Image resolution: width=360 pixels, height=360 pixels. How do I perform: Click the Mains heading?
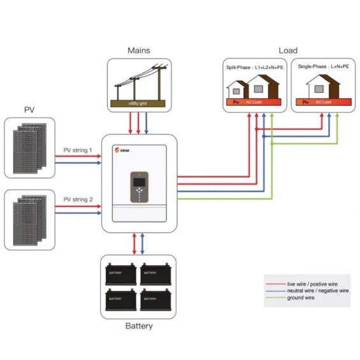tap(138, 50)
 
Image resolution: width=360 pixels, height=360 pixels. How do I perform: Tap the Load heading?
tap(288, 50)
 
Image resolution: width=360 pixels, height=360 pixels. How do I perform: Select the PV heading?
tap(29, 110)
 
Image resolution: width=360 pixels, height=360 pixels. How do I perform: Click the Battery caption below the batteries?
tap(138, 326)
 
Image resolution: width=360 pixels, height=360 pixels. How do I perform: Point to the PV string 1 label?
tap(78, 150)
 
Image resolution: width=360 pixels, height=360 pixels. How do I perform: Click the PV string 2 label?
tap(78, 199)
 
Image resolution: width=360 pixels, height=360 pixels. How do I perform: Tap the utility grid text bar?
tap(138, 102)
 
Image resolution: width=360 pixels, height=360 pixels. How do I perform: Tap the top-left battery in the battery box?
tap(120, 273)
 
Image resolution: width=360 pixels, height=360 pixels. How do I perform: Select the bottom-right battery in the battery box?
tap(156, 297)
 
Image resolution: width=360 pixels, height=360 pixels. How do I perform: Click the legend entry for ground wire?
tap(299, 298)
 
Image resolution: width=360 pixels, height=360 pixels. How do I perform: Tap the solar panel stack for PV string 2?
tap(30, 220)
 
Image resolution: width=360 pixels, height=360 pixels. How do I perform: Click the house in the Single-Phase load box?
tap(321, 86)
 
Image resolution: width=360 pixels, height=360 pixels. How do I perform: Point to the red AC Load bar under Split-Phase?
tap(253, 102)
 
